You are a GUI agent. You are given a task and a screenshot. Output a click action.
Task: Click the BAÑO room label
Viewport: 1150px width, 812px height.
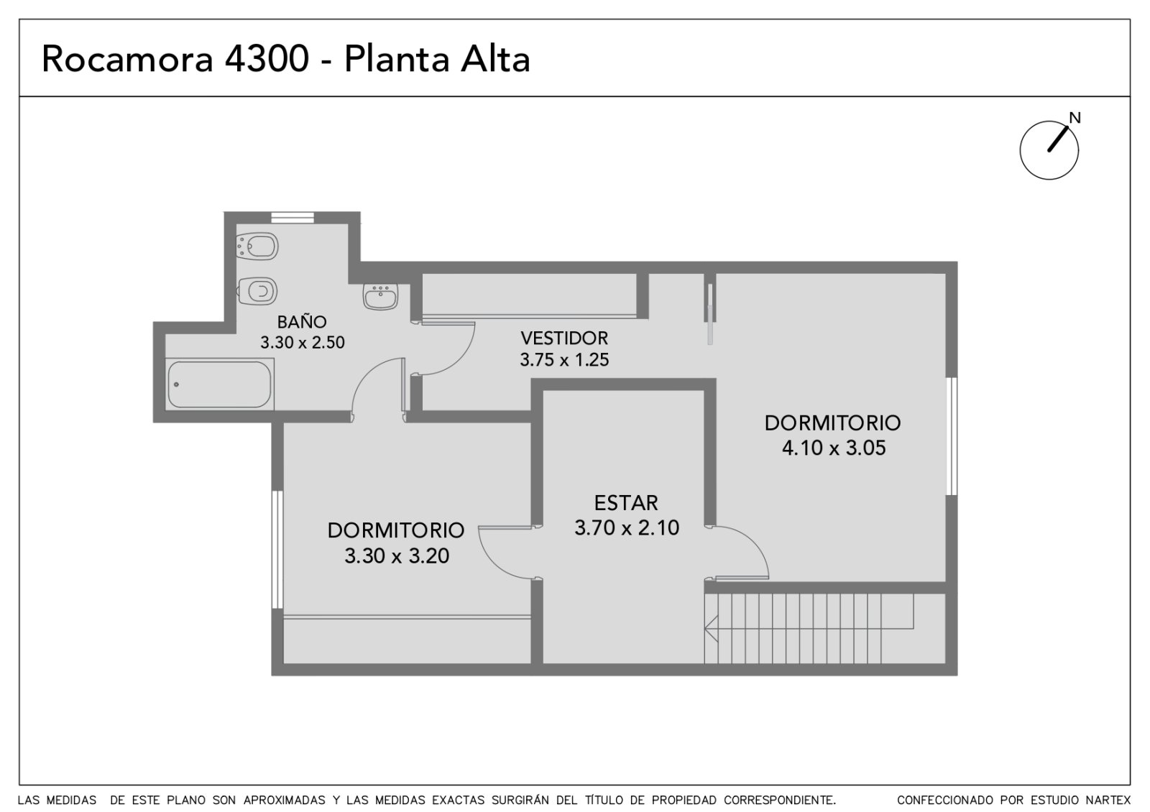pyautogui.click(x=302, y=322)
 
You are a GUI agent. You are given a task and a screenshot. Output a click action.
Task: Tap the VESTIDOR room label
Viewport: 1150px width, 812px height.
pyautogui.click(x=564, y=338)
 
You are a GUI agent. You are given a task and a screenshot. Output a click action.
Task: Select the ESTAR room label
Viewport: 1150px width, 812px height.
pyautogui.click(x=626, y=503)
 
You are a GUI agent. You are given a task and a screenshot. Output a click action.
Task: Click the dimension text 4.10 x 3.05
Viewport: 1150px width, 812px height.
pyautogui.click(x=833, y=448)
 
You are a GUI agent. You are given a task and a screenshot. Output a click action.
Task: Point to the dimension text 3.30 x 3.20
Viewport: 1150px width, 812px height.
pyautogui.click(x=396, y=556)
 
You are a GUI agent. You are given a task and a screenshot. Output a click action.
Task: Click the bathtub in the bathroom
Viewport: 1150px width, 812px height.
pyautogui.click(x=219, y=384)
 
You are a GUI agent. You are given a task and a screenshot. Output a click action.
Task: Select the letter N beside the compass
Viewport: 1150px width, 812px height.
pyautogui.click(x=1075, y=118)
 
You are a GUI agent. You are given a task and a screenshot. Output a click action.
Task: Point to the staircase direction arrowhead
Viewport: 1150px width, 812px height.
pyautogui.click(x=711, y=628)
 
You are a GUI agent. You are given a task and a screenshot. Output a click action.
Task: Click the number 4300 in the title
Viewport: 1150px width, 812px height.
pyautogui.click(x=267, y=58)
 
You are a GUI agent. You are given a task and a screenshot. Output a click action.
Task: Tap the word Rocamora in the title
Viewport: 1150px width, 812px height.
pyautogui.click(x=127, y=58)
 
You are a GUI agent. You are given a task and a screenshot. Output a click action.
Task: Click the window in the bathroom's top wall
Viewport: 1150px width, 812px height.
pyautogui.click(x=292, y=218)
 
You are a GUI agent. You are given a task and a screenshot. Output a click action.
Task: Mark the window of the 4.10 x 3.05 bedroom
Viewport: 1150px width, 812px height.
pyautogui.click(x=952, y=436)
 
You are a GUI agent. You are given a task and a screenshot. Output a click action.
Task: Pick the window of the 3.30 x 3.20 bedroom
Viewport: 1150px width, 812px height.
pyautogui.click(x=277, y=550)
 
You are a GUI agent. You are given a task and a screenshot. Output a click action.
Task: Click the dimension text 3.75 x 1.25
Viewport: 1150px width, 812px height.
pyautogui.click(x=564, y=360)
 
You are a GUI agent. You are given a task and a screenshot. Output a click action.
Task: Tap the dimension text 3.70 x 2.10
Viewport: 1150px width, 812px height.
pyautogui.click(x=627, y=527)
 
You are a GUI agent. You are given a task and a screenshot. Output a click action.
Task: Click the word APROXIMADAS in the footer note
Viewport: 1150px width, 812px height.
pyautogui.click(x=285, y=800)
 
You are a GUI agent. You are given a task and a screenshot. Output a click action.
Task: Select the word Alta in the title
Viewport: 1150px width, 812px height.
pyautogui.click(x=495, y=58)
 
